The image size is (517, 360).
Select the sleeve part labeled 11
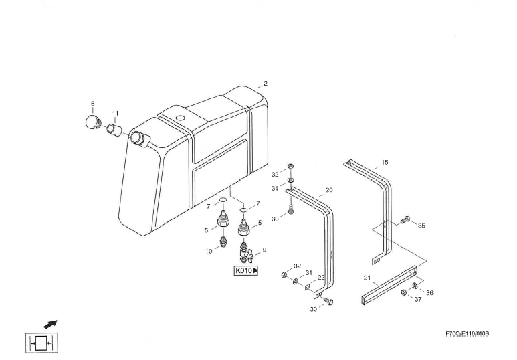pyautogui.click(x=114, y=128)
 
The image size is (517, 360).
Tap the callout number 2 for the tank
pyautogui.click(x=266, y=84)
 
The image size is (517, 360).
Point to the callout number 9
pyautogui.click(x=264, y=250)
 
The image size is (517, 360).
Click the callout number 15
pyautogui.click(x=385, y=162)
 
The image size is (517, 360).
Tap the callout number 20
pyautogui.click(x=329, y=190)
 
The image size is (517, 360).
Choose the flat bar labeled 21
pyautogui.click(x=390, y=284)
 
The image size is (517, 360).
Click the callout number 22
pyautogui.click(x=321, y=278)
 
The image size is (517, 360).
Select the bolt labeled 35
pyautogui.click(x=403, y=220)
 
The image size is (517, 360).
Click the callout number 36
pyautogui.click(x=429, y=292)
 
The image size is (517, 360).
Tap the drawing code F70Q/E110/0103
pyautogui.click(x=467, y=333)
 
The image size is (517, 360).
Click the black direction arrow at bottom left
pyautogui.click(x=51, y=324)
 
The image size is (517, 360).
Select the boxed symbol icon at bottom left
pyautogui.click(x=42, y=344)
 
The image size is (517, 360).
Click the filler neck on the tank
pyautogui.click(x=138, y=139)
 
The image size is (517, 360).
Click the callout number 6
pyautogui.click(x=93, y=104)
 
